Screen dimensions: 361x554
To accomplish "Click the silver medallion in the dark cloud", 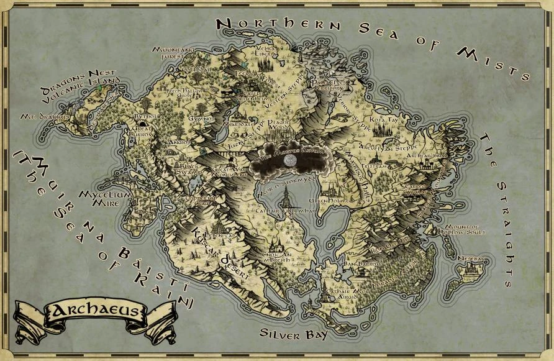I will [x=288, y=160].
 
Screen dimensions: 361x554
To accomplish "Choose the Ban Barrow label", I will [x=356, y=264].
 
